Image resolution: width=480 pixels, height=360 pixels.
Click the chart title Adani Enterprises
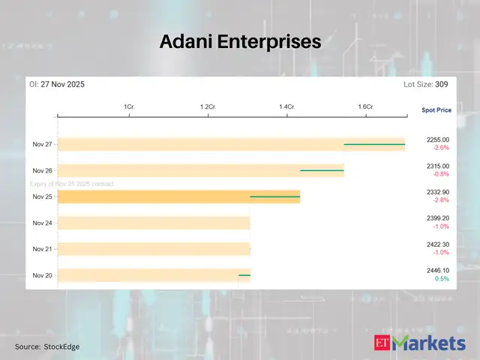point(240,43)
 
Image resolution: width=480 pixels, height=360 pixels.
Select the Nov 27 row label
point(43,144)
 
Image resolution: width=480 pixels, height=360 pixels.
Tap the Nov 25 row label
point(43,196)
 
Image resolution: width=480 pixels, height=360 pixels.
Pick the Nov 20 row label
point(43,275)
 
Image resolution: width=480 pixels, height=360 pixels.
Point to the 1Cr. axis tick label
point(129,108)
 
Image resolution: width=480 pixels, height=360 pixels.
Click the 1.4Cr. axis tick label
point(286,108)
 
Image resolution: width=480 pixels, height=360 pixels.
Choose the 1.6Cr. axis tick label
point(366,108)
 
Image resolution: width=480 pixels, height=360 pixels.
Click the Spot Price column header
point(436,110)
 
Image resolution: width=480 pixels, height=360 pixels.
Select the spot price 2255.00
point(437,139)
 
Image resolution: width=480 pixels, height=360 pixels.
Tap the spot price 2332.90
point(437,192)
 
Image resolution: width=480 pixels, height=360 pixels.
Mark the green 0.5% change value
point(442,279)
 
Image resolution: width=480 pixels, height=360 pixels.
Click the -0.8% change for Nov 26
point(440,174)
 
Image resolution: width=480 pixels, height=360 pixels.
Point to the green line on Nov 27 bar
point(374,144)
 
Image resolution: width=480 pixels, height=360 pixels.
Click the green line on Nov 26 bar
point(322,170)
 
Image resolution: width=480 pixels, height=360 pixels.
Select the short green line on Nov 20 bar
point(244,275)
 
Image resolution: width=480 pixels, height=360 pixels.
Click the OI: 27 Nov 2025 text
point(57,85)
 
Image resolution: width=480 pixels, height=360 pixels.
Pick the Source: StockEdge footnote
point(47,346)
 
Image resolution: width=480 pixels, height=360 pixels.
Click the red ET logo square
point(382,343)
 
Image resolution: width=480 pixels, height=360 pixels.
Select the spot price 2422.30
point(437,244)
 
